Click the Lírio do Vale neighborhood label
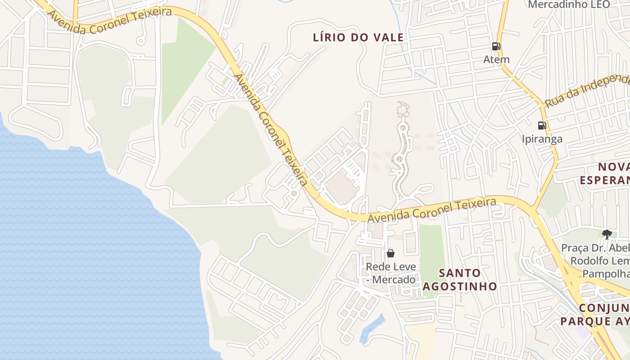358,38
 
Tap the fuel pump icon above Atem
496,46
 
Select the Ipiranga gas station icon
542,126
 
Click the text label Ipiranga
542,139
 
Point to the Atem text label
496,59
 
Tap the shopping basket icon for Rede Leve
390,253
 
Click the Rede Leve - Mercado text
391,273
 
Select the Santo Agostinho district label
459,279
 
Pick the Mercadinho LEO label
569,4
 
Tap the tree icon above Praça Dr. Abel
607,234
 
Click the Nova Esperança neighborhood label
605,174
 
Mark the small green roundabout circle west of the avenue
294,193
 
